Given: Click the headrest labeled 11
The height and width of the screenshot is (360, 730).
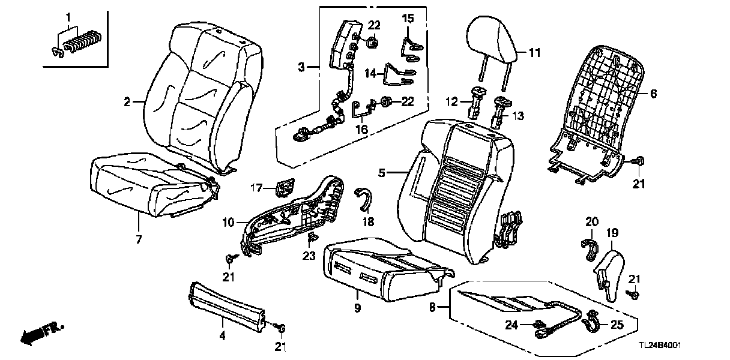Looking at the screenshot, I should pos(492,39).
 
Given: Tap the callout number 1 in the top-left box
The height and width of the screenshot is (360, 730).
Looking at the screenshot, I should pos(68,16).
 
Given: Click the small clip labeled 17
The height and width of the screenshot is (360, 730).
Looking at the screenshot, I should pos(283,188).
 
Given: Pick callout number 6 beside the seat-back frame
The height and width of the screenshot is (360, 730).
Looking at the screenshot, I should pos(654,94).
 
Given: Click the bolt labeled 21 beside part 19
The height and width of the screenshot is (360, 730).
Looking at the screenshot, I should pos(634,295).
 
